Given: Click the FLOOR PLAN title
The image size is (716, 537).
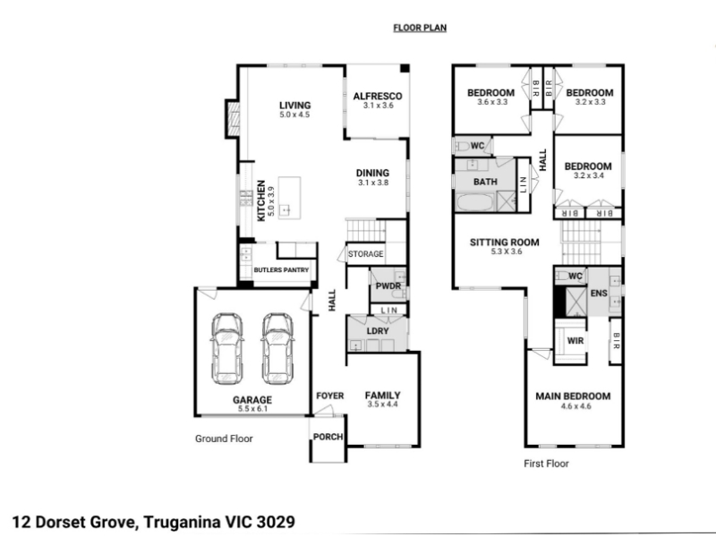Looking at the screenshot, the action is [x=420, y=28].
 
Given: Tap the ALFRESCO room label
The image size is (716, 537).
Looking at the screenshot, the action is [x=378, y=96].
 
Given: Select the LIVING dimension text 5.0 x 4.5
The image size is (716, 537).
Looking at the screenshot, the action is [x=295, y=115].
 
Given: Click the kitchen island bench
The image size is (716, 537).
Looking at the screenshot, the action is [x=289, y=198].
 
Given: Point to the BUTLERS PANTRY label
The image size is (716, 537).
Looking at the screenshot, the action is [x=281, y=270].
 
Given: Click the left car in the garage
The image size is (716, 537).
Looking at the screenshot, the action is [x=227, y=348].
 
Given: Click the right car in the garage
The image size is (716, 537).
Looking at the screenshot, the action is [x=277, y=348].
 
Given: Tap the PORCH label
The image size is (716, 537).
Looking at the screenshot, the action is [x=328, y=437].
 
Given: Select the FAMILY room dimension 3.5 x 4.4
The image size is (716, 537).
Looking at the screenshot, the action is [x=383, y=405].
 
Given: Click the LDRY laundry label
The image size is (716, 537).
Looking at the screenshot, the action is [x=378, y=331].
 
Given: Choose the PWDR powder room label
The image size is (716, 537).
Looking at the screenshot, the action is [x=388, y=286].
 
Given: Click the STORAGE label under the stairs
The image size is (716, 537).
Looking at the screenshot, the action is [x=366, y=254].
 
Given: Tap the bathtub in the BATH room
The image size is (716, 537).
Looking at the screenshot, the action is [x=475, y=202].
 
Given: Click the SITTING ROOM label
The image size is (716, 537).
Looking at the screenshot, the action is [x=505, y=242].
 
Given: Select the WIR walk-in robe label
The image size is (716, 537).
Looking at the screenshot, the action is [x=575, y=341].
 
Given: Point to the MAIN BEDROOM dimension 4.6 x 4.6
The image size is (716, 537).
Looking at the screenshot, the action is [x=576, y=406].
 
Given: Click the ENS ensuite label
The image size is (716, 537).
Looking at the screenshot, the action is [x=599, y=293].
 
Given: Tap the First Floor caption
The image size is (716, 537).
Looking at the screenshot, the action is [x=546, y=464].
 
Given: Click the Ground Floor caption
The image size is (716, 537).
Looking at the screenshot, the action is [x=224, y=439].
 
